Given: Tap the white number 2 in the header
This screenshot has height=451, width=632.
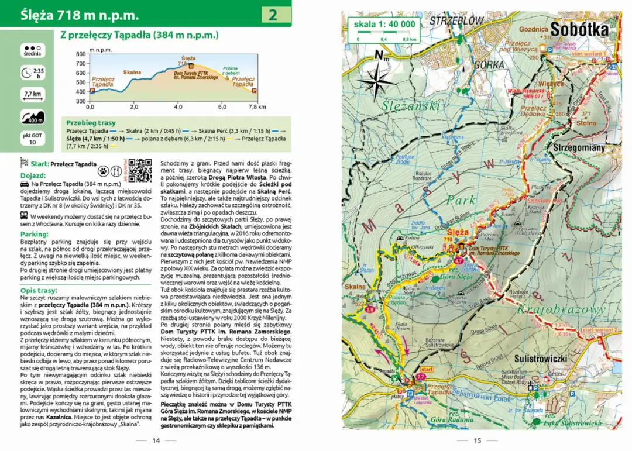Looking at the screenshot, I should pos(273,15).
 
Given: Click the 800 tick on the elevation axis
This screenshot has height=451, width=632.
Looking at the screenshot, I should pos(81,54).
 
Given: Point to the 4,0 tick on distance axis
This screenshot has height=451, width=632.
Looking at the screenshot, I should pos(178,107).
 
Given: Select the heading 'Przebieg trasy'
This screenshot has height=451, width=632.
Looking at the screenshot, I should pos(91,123).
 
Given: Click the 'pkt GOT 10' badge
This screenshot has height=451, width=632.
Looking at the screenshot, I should pos(33,139).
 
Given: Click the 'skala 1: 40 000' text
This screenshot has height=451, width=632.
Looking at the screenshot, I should pos(384,24).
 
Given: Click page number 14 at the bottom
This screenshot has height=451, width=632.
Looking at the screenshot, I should pos(156,440).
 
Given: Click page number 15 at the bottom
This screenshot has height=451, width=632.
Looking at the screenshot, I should pos(476,440).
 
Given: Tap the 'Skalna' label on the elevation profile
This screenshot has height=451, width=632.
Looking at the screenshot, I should pos(132,72).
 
